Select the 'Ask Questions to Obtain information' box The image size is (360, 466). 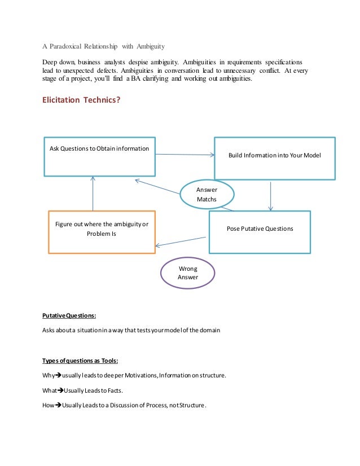coord(100,156)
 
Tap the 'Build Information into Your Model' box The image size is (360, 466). coord(274,157)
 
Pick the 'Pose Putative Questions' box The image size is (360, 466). coord(260,231)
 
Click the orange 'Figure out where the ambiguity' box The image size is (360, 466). coord(101,231)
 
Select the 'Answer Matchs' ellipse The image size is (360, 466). coord(207,194)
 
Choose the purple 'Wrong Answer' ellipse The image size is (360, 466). coord(187,273)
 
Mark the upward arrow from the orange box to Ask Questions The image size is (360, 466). coord(93,192)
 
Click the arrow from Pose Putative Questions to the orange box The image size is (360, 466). coord(182,241)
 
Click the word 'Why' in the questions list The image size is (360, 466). coord(47,375)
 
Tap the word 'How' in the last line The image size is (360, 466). coord(48,405)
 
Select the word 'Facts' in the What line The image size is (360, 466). coord(114,390)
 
